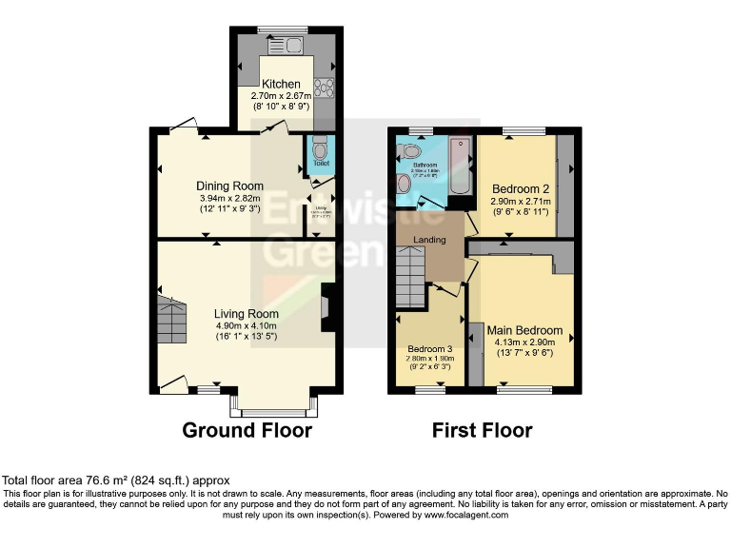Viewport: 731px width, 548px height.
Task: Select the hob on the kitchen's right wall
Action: pyautogui.click(x=323, y=87)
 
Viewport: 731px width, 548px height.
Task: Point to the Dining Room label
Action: pyautogui.click(x=229, y=186)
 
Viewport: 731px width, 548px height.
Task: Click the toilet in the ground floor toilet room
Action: pyautogui.click(x=320, y=149)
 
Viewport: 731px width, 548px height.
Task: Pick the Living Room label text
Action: pyautogui.click(x=246, y=314)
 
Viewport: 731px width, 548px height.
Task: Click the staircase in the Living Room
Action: pyautogui.click(x=172, y=321)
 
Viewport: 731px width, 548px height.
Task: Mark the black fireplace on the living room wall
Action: pyautogui.click(x=328, y=307)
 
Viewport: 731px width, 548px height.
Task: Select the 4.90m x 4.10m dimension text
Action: pyautogui.click(x=246, y=325)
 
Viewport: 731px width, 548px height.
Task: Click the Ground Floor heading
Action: pyautogui.click(x=247, y=431)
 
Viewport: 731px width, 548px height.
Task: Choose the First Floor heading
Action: pyautogui.click(x=482, y=431)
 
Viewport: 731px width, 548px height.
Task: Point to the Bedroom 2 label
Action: pyautogui.click(x=515, y=188)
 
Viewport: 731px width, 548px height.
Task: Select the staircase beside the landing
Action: pyautogui.click(x=410, y=276)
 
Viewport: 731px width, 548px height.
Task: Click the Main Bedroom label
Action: pyautogui.click(x=528, y=331)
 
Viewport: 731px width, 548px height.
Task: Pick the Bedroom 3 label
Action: pyautogui.click(x=429, y=350)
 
